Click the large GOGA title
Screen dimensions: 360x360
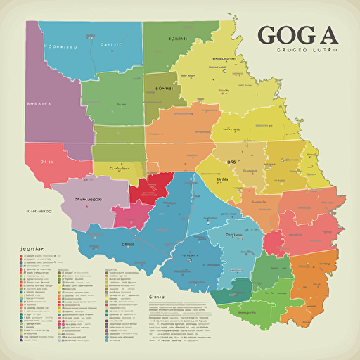(x=298, y=35)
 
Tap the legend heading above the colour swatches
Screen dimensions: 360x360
(x=29, y=249)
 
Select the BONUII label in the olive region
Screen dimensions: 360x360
(x=163, y=90)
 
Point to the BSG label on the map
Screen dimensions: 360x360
(x=231, y=161)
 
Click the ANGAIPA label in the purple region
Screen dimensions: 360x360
(x=39, y=102)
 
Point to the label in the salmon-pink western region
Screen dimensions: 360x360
(x=47, y=161)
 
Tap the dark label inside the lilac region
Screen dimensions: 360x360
(x=89, y=199)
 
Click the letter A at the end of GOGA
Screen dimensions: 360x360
(x=328, y=35)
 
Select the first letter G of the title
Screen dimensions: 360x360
(x=269, y=35)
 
